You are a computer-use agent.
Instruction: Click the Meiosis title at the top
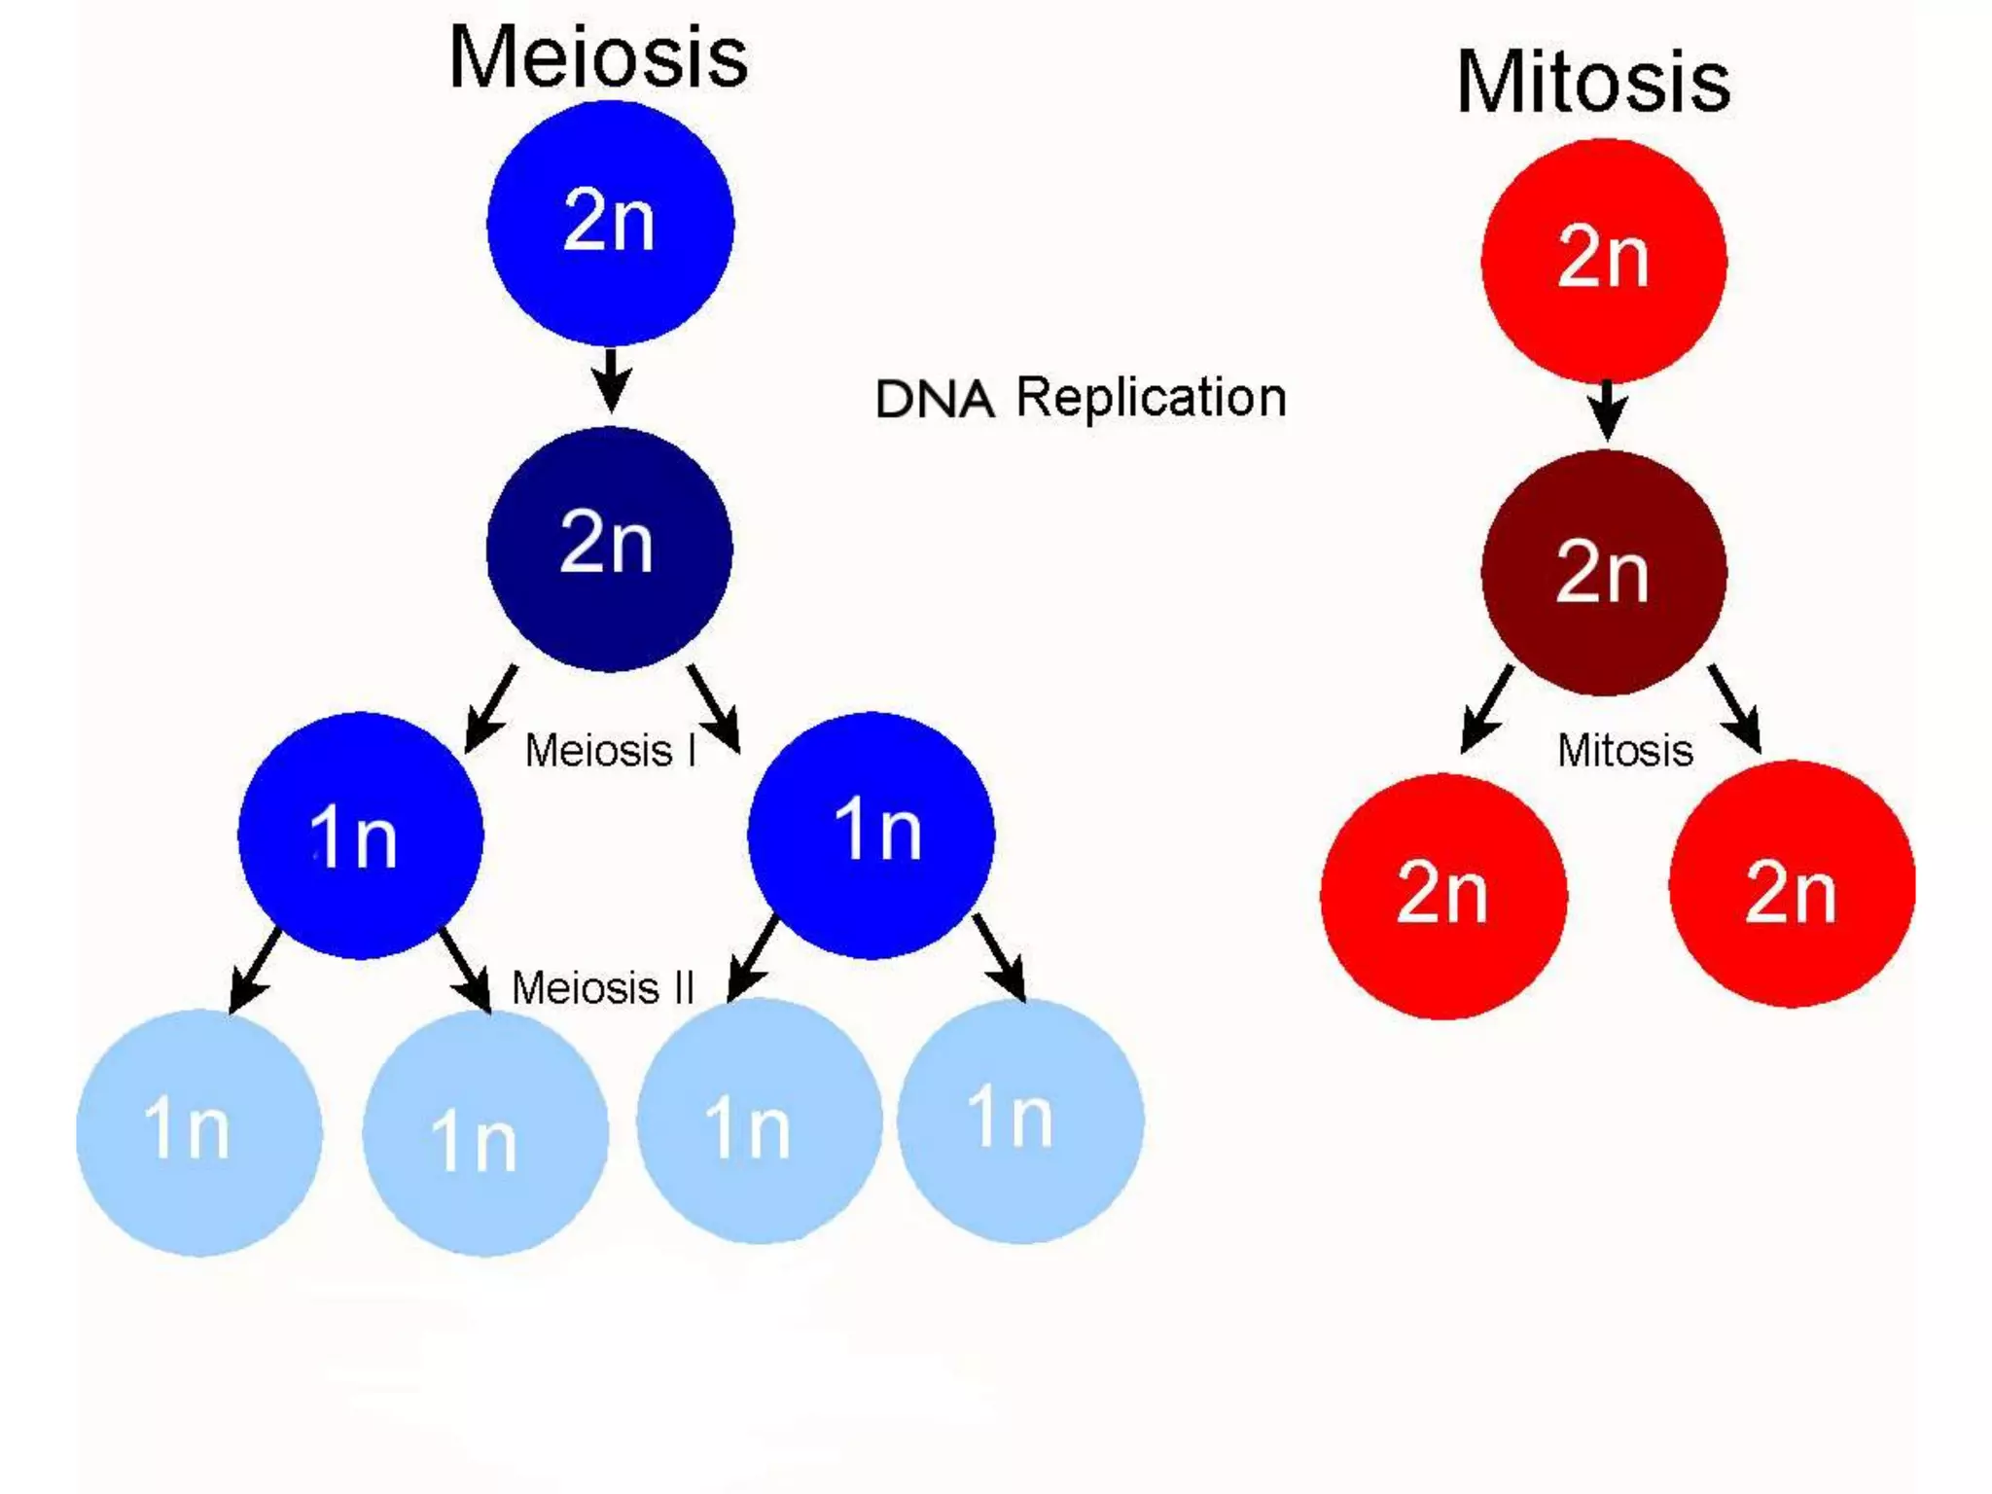point(598,57)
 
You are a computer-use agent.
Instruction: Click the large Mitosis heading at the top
point(1593,82)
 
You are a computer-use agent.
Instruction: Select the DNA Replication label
point(1081,397)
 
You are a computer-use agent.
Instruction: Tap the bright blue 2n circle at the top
point(610,223)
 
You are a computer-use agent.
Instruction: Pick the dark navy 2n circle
point(609,549)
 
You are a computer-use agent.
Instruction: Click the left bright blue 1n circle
point(360,836)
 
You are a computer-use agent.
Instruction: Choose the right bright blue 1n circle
point(871,835)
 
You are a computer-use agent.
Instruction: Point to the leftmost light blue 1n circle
point(198,1132)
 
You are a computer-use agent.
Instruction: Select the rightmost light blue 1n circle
point(1019,1120)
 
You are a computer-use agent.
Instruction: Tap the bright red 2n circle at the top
point(1604,260)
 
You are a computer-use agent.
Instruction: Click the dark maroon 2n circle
point(1604,573)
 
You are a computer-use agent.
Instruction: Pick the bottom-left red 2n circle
point(1442,896)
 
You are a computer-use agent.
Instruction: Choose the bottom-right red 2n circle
point(1792,884)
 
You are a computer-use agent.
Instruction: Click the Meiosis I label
point(611,751)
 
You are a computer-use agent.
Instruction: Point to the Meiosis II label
point(603,988)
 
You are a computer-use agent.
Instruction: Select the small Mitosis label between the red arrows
point(1625,751)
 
